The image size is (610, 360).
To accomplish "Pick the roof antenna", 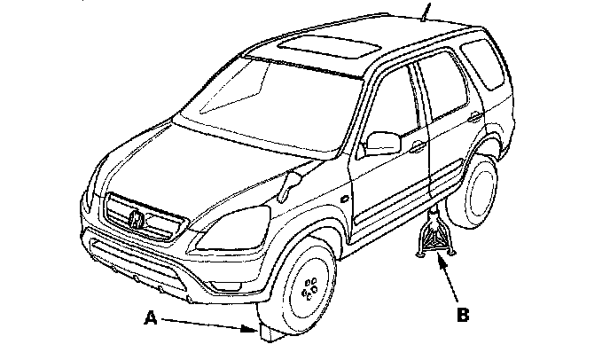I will pos(426,12).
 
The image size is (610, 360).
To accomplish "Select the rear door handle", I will pos(475,117).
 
